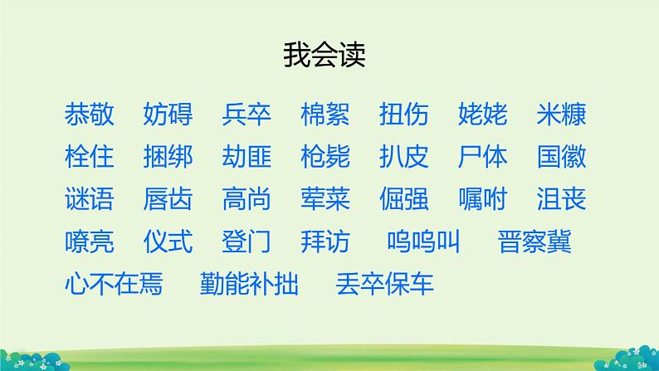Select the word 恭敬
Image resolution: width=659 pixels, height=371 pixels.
pyautogui.click(x=89, y=114)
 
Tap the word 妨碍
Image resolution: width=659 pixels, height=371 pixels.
pyautogui.click(x=168, y=114)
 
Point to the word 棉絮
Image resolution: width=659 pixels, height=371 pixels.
pyautogui.click(x=325, y=114)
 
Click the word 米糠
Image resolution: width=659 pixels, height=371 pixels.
pyautogui.click(x=562, y=114)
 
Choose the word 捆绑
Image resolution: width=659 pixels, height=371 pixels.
pyautogui.click(x=168, y=157)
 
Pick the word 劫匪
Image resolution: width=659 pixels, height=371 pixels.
pyautogui.click(x=247, y=157)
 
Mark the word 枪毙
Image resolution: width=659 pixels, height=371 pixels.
pyautogui.click(x=325, y=157)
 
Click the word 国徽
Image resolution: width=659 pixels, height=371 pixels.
pyautogui.click(x=562, y=157)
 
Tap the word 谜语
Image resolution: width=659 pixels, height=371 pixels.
pyautogui.click(x=89, y=199)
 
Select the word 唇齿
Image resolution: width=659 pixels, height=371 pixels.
pyautogui.click(x=168, y=199)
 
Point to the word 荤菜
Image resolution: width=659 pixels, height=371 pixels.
pyautogui.click(x=325, y=199)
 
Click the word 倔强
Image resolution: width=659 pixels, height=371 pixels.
pyautogui.click(x=404, y=199)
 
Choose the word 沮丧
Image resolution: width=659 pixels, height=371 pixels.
pyautogui.click(x=562, y=199)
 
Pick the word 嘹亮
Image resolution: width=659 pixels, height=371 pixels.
pyautogui.click(x=89, y=242)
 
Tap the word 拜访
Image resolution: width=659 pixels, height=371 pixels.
pyautogui.click(x=325, y=242)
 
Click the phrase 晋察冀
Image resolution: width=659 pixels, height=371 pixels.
pyautogui.click(x=535, y=242)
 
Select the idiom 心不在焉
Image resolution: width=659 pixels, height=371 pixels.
pyautogui.click(x=114, y=285)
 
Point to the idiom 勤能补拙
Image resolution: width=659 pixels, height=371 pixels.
pyautogui.click(x=249, y=285)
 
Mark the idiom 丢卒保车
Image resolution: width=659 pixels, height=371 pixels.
pyautogui.click(x=385, y=285)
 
